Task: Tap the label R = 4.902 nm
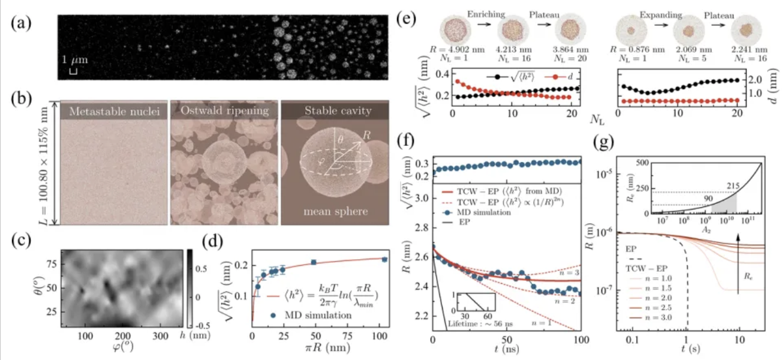click(458, 50)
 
